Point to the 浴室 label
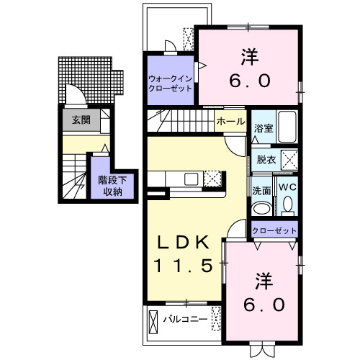pos(263,128)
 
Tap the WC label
pos(287,187)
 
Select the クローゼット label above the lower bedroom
pos(274,230)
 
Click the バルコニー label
pos(184,318)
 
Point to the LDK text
pos(182,241)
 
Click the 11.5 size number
pos(182,266)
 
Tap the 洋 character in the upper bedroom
pos(249,55)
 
